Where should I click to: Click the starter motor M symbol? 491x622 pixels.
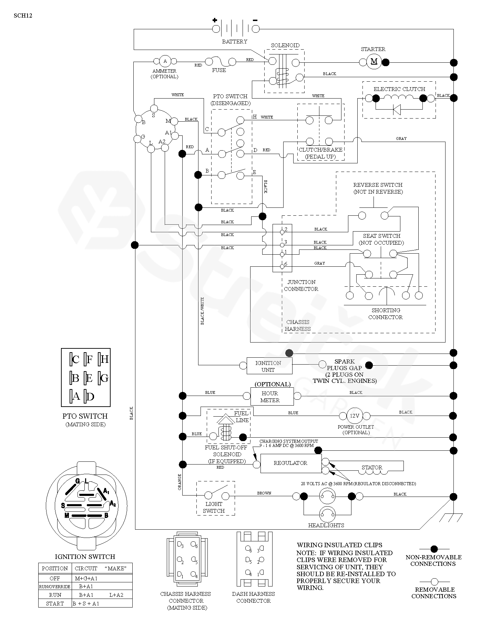[374, 62]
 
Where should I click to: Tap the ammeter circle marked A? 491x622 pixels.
[165, 61]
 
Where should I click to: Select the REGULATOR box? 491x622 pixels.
[290, 463]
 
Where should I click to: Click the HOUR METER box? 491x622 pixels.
[270, 397]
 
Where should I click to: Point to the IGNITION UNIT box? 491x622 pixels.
[269, 366]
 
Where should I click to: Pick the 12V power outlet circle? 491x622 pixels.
[355, 416]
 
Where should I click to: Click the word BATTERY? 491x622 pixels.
[235, 42]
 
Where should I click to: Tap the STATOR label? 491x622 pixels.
[372, 468]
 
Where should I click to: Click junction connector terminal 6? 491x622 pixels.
[282, 266]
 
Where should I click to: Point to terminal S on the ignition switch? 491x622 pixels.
[154, 109]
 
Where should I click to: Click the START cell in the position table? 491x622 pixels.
[55, 603]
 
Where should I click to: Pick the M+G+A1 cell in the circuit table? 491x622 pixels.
[86, 578]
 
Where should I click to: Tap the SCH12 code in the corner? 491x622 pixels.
[23, 16]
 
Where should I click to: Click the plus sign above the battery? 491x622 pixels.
[215, 20]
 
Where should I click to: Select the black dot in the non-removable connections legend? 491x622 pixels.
[434, 549]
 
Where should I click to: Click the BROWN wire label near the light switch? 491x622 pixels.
[264, 493]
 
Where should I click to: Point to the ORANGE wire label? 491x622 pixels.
[180, 482]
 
